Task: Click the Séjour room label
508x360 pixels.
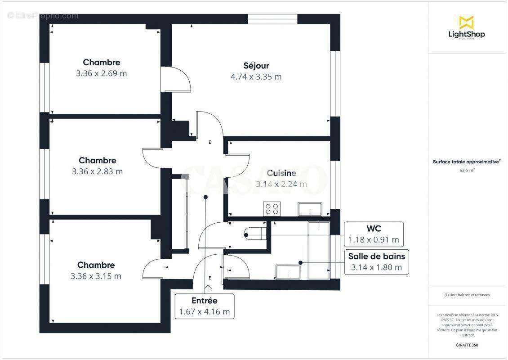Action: (256, 66)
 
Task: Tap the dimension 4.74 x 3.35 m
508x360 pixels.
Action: (256, 76)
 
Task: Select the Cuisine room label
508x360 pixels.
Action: (281, 173)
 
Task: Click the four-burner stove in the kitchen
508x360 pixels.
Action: (272, 209)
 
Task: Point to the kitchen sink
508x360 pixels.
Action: (310, 209)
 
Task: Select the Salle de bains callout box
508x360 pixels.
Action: (376, 262)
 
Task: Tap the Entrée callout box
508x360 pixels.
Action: (205, 306)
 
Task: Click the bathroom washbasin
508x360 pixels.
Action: (288, 272)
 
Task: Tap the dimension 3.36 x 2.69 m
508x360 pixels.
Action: (101, 73)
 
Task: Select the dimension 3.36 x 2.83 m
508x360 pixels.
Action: (97, 171)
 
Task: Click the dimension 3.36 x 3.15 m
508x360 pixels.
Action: (96, 276)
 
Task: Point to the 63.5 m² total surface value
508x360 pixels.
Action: (466, 171)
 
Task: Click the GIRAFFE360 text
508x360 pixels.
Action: (466, 345)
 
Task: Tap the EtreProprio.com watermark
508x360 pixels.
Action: (43, 16)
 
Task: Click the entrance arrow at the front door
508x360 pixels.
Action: (208, 288)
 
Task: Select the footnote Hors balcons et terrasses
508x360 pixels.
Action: (467, 295)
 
